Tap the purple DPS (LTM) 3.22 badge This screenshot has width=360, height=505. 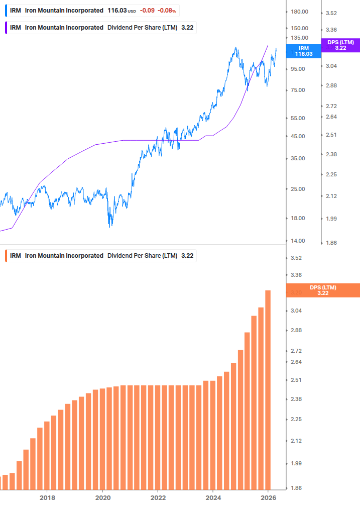coord(340,45)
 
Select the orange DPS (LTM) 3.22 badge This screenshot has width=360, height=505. coord(322,290)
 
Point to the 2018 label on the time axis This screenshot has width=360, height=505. coord(47,498)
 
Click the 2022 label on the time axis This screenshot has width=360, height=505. coord(158,498)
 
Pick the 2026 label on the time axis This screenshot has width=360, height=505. coord(269,498)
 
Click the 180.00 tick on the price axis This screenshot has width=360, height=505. coord(299,12)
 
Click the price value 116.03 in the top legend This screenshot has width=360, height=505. coord(116,11)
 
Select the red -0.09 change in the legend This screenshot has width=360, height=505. coord(147,11)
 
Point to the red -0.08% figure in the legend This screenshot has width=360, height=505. coord(167,11)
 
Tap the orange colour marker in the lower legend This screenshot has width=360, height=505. coord(6,256)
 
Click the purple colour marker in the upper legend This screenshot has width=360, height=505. coord(6,28)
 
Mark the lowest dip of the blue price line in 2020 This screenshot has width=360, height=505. coord(110,226)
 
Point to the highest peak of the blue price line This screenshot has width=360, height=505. coord(235,48)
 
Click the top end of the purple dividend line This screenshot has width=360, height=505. coord(268,45)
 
